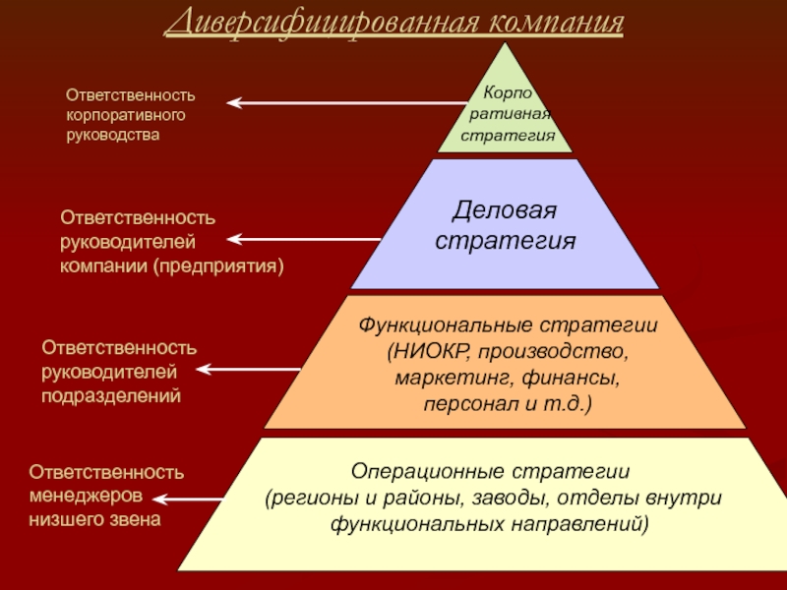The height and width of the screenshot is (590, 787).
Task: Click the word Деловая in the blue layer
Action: [504, 211]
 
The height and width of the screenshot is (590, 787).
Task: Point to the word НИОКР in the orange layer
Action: [429, 351]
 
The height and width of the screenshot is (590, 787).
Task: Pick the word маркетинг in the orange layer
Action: [443, 378]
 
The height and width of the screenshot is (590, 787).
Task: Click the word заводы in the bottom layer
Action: [508, 498]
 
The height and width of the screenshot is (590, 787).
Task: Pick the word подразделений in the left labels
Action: [111, 396]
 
